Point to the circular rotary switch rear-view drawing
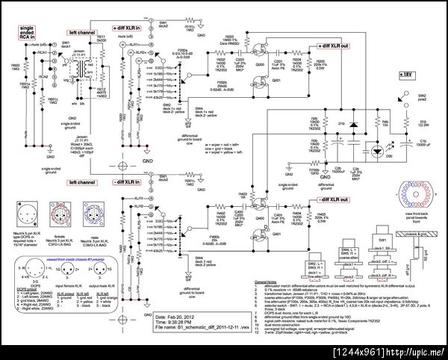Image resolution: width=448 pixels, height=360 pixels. [407, 192]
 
